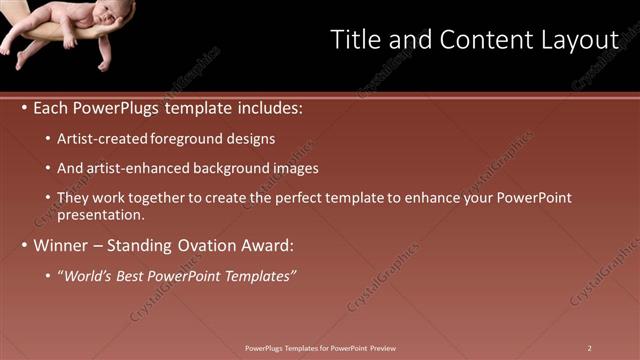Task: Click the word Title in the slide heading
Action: tap(353, 40)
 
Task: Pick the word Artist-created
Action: tap(103, 139)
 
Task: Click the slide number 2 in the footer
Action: tap(590, 348)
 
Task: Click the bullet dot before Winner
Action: tap(24, 245)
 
